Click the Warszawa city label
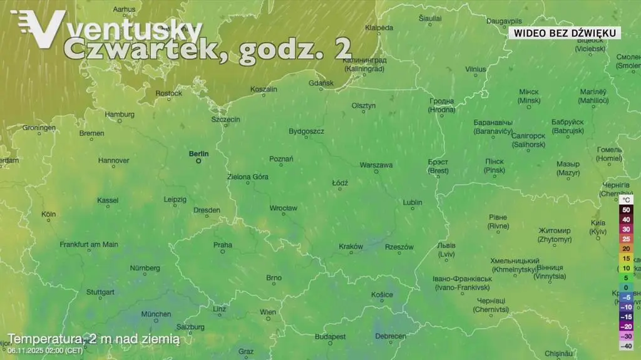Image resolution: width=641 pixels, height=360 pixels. click(376, 165)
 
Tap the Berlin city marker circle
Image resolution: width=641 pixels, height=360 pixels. click(198, 161)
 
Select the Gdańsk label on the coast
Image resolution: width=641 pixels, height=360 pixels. click(321, 83)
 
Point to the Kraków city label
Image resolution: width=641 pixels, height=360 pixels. click(351, 247)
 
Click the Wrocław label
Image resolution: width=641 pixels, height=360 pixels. click(283, 208)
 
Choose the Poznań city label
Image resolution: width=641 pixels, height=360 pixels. click(281, 159)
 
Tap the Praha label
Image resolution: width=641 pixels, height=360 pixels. click(222, 245)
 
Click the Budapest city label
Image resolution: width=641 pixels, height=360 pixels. click(331, 336)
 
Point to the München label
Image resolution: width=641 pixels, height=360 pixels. click(156, 314)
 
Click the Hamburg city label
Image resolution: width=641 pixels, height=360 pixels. click(120, 115)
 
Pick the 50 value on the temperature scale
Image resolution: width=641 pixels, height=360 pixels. click(626, 210)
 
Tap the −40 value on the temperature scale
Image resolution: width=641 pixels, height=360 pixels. click(626, 346)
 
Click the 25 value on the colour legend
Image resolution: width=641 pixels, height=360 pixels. click(626, 239)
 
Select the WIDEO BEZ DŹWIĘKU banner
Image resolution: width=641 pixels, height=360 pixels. click(563, 33)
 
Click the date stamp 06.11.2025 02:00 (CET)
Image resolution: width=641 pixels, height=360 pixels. click(45, 350)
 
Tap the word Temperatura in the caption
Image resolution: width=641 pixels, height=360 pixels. click(45, 339)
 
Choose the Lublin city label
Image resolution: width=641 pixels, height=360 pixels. click(412, 202)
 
